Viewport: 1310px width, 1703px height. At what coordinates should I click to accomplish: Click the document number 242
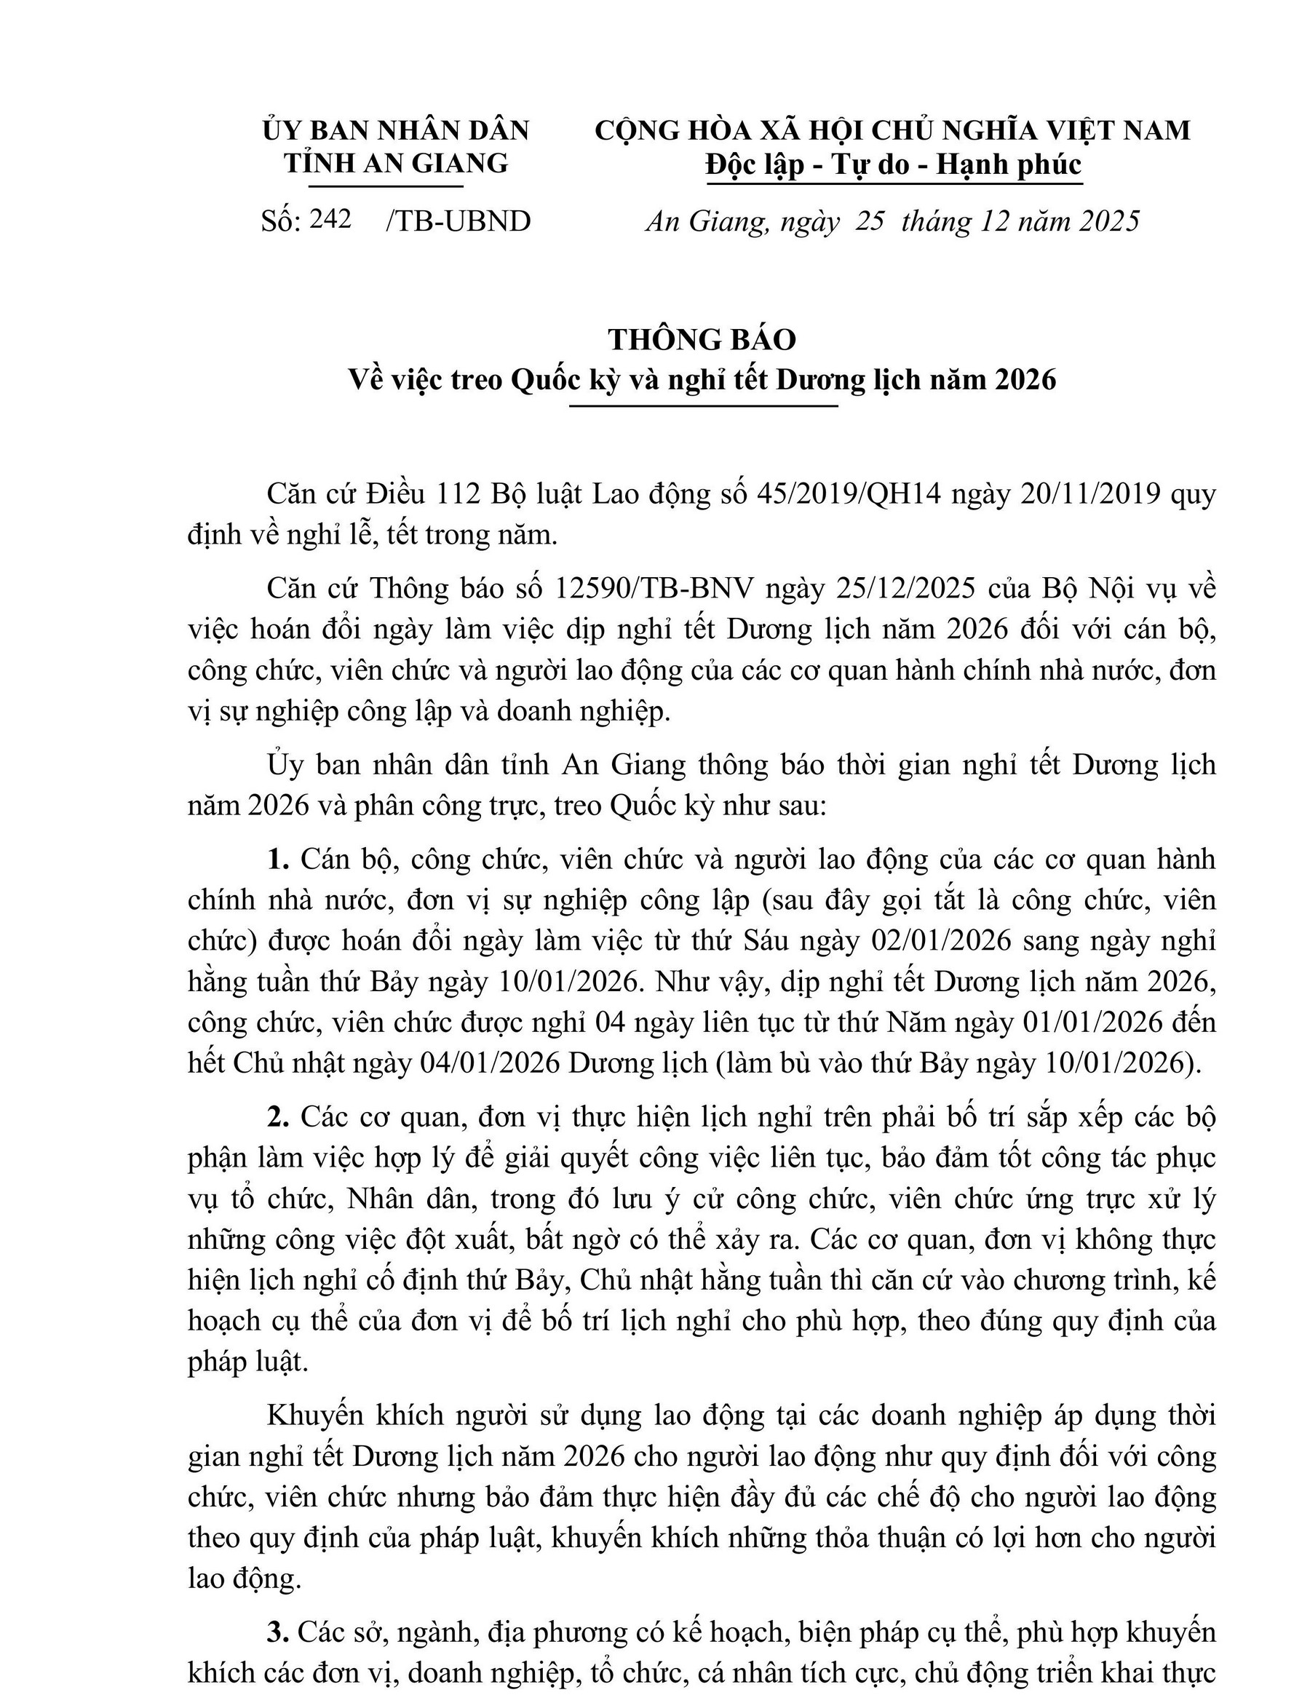(330, 220)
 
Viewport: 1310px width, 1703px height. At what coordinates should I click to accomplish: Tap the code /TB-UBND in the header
(458, 221)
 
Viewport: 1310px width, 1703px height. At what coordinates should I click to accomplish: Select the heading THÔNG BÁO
(702, 340)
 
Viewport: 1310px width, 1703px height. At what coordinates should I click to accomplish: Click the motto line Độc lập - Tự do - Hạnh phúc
(894, 164)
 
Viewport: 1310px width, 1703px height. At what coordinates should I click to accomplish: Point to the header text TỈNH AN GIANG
(395, 163)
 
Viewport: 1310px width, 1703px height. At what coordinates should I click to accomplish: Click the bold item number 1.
(277, 860)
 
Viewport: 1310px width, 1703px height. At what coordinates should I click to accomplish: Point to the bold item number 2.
(277, 1117)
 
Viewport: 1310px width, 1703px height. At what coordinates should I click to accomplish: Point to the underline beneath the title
(702, 406)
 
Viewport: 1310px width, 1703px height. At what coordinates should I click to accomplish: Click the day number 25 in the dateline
(870, 222)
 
